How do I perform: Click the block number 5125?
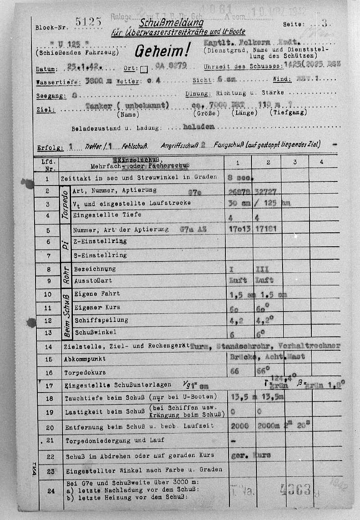tap(89, 22)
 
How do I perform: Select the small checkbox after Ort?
tap(144, 69)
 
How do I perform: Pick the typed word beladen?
tap(198, 127)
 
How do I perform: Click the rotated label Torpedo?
tap(65, 204)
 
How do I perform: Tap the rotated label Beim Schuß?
tap(65, 315)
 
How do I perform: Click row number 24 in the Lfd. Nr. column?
tap(51, 491)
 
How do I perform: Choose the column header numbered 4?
tap(321, 163)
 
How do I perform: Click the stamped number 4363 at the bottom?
tap(295, 489)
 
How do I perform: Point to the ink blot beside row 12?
tap(31, 322)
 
